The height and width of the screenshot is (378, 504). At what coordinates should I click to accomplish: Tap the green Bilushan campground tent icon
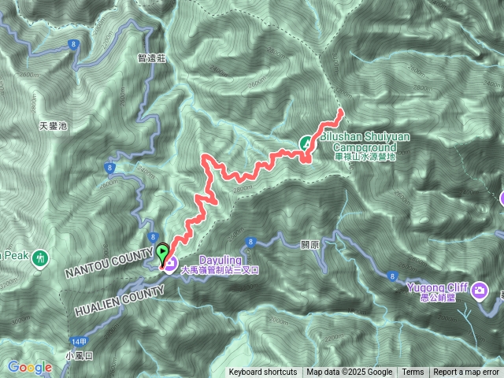pyautogui.click(x=306, y=143)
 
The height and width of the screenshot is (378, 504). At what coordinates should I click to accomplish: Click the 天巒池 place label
pyautogui.click(x=54, y=125)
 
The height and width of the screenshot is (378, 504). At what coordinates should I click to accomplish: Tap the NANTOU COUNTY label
pyautogui.click(x=109, y=261)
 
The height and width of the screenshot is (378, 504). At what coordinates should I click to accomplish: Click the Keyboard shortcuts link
pyautogui.click(x=263, y=372)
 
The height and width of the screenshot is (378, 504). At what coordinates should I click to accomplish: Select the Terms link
pyautogui.click(x=413, y=372)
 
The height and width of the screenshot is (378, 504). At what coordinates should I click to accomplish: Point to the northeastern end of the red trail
pyautogui.click(x=340, y=111)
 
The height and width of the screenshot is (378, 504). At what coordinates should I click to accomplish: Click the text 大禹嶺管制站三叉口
pyautogui.click(x=220, y=269)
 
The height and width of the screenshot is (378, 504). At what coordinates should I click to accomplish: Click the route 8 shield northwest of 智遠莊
pyautogui.click(x=72, y=44)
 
